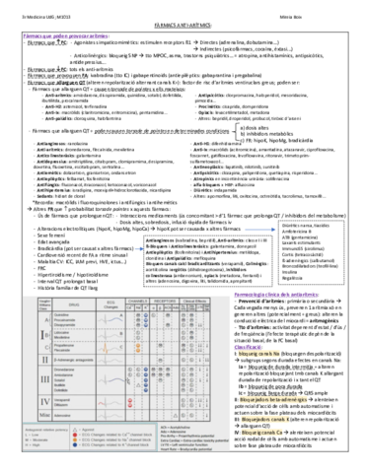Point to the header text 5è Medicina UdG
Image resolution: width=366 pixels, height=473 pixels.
(36, 9)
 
